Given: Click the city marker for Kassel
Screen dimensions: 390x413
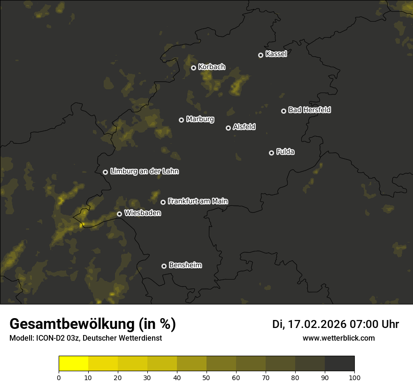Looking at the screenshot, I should pyautogui.click(x=260, y=55).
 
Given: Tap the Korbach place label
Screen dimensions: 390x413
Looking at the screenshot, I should pyautogui.click(x=212, y=67).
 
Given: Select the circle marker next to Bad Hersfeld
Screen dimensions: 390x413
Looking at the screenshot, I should pyautogui.click(x=283, y=111).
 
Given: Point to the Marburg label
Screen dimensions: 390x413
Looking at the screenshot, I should pyautogui.click(x=200, y=119).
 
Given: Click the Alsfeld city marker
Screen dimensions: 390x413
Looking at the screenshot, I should pyautogui.click(x=228, y=128).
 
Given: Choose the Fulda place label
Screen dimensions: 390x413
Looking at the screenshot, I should pyautogui.click(x=285, y=152).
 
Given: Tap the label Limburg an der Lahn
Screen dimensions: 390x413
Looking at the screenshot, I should pyautogui.click(x=144, y=172).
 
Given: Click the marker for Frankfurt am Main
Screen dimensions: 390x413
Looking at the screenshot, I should pyautogui.click(x=163, y=202).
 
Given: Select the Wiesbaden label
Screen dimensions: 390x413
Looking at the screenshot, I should pyautogui.click(x=142, y=213).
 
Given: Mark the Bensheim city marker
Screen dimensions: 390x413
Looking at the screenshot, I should pyautogui.click(x=164, y=266).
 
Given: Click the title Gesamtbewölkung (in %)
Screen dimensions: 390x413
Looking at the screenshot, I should pyautogui.click(x=92, y=324).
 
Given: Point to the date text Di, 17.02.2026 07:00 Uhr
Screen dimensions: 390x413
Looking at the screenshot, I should pyautogui.click(x=336, y=324).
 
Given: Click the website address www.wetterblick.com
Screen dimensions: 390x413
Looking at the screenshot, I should pyautogui.click(x=338, y=338).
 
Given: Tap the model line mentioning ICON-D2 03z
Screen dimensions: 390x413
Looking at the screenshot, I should pyautogui.click(x=85, y=338).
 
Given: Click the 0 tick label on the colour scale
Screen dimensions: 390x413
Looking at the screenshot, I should pyautogui.click(x=59, y=377).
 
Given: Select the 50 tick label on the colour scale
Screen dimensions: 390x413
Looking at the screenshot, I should pyautogui.click(x=206, y=377).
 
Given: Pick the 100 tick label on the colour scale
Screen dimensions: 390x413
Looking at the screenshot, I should pyautogui.click(x=354, y=377).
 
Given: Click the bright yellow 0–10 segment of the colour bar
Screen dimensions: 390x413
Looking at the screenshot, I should pyautogui.click(x=73, y=364).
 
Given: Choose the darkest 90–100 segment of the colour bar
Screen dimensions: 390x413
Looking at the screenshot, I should pyautogui.click(x=339, y=364).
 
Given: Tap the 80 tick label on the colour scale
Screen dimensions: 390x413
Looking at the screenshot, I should pyautogui.click(x=295, y=377).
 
